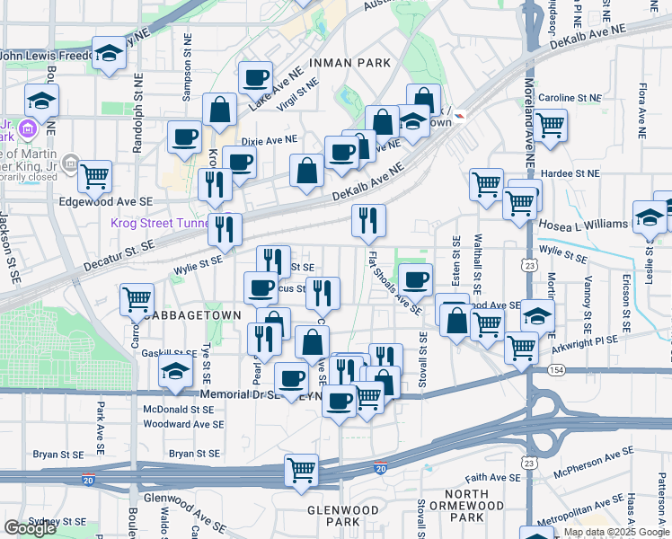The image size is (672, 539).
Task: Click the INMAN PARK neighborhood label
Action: pos(349,62)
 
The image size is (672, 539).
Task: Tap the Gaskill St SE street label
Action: pos(169,354)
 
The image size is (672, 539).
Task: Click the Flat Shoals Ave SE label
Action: pos(395,282)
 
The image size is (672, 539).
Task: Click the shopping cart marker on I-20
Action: pos(301,469)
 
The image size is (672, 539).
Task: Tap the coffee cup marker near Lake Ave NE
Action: pos(256,77)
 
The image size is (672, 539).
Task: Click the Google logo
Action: pos(30,528)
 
